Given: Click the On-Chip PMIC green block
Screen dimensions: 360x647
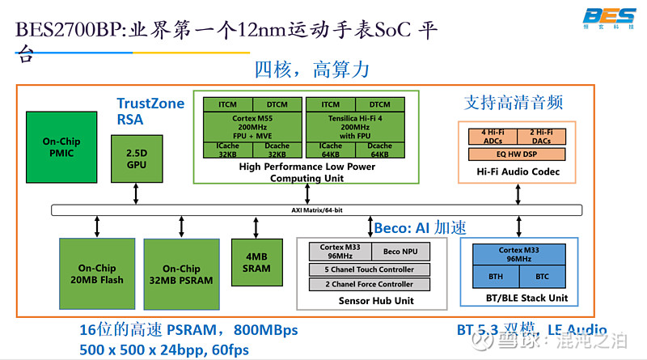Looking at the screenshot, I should point(61,146).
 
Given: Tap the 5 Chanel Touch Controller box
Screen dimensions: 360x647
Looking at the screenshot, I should point(369,269).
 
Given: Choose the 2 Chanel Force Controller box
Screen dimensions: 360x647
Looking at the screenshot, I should point(369,285).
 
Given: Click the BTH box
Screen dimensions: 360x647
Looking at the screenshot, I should point(494,276).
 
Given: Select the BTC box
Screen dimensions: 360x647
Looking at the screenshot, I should point(541,276).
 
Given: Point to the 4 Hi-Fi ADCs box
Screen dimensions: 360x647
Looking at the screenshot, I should point(493,136).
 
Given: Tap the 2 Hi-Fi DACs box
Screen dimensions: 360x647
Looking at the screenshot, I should point(541,136).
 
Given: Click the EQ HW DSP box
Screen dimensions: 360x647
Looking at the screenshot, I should point(518,154).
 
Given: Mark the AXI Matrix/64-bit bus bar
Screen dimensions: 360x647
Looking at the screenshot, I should point(316,210).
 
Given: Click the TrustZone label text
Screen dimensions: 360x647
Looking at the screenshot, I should point(150,104).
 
